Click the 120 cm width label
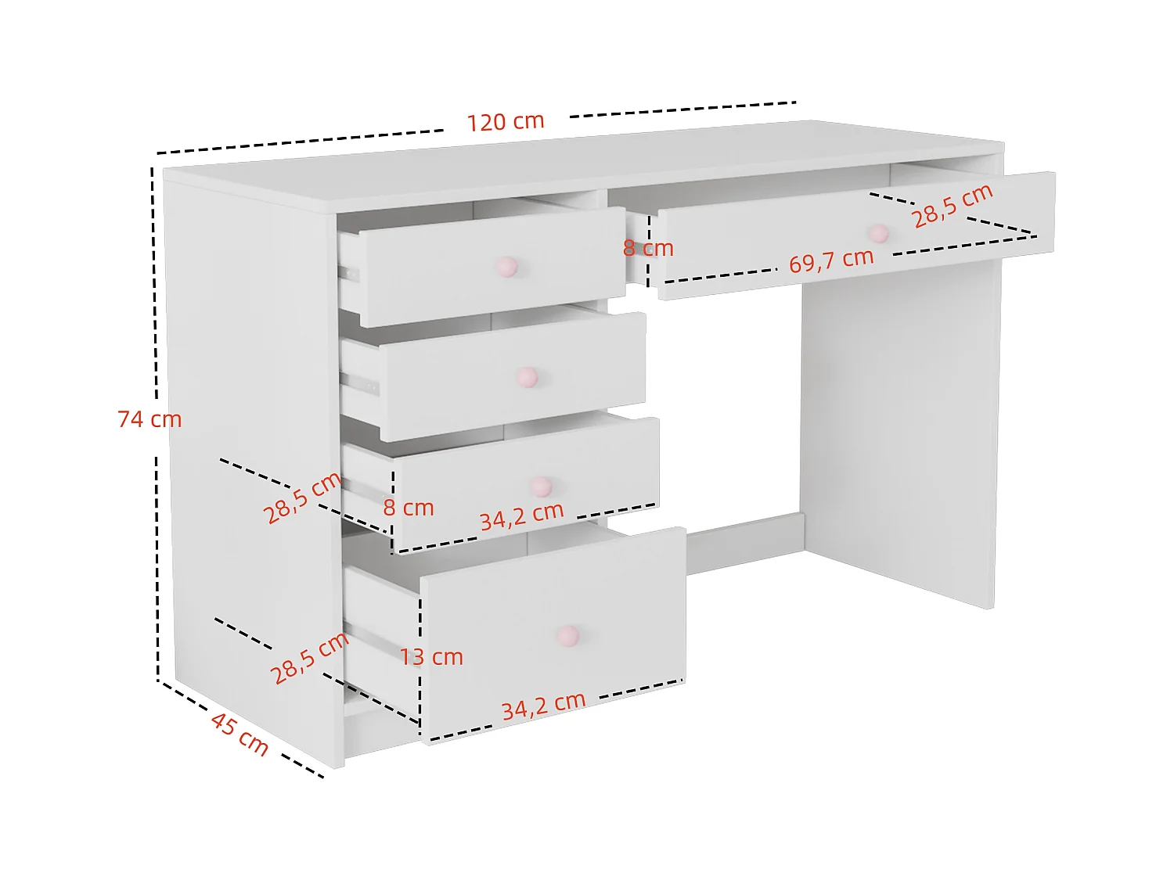(506, 122)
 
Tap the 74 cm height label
(149, 419)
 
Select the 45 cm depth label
(239, 735)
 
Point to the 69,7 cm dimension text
(830, 260)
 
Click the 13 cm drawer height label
(431, 657)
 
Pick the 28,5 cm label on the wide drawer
(953, 206)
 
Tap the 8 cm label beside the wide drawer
(648, 249)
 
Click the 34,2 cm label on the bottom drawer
(543, 706)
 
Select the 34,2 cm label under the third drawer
(521, 515)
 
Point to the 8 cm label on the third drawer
(409, 508)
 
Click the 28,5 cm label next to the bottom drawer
(309, 658)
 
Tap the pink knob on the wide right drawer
(879, 233)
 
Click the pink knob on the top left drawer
(507, 267)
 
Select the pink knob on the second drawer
(528, 378)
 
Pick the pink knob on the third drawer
(541, 487)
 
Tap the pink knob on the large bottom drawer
(567, 635)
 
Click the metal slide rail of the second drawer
(361, 384)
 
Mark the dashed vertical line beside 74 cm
(156, 548)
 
